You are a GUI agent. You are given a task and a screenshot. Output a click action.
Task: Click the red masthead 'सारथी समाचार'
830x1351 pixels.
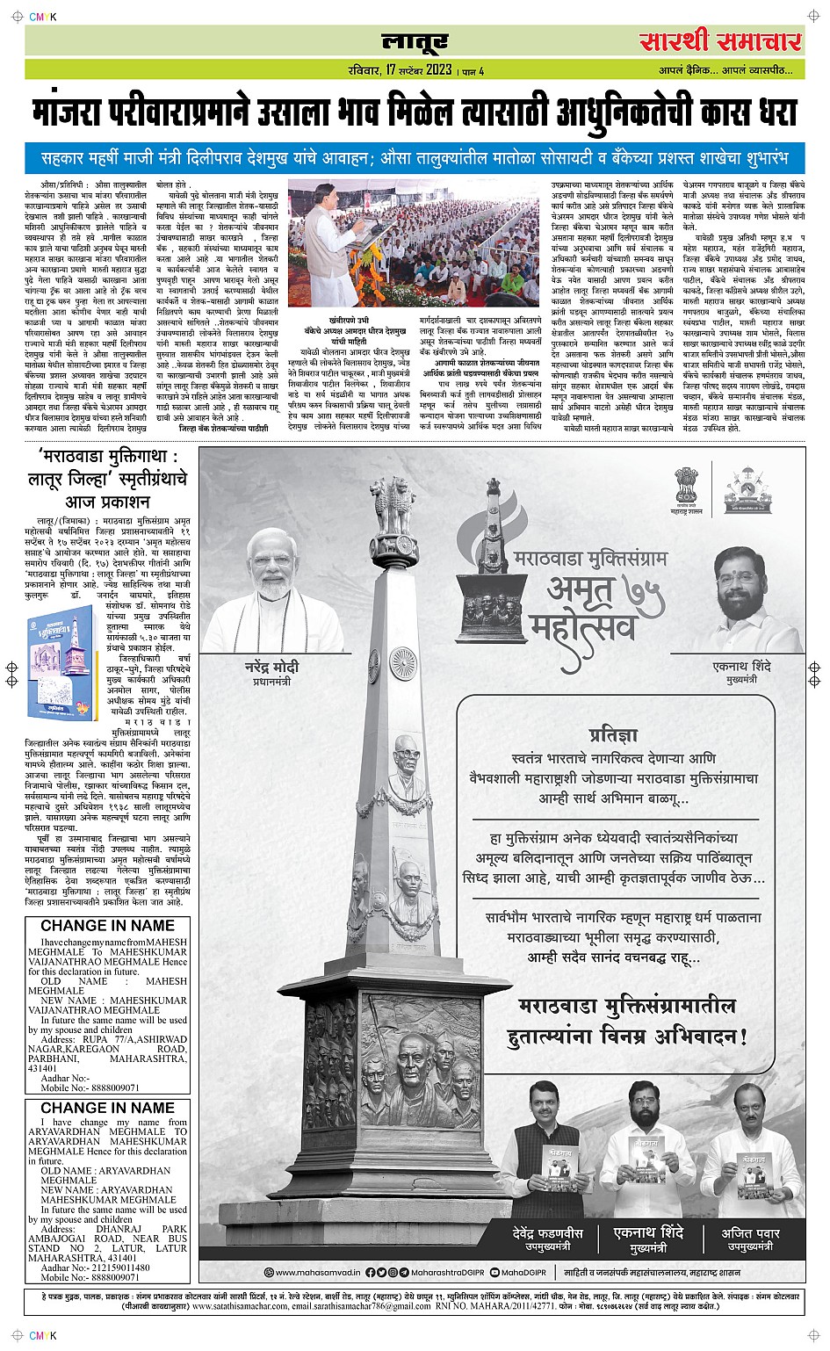[720, 41]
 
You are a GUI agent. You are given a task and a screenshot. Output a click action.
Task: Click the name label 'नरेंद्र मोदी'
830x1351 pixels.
[271, 667]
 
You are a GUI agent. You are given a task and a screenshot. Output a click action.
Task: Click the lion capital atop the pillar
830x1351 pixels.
[393, 505]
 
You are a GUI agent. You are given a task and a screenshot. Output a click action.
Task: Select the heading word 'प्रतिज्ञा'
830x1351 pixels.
[613, 735]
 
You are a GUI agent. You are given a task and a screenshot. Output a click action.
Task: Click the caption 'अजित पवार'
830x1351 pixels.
[750, 1232]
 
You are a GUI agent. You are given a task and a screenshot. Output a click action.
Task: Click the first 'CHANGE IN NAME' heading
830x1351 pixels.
[107, 925]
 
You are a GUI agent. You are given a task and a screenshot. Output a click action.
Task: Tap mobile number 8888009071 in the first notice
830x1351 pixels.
[102, 1087]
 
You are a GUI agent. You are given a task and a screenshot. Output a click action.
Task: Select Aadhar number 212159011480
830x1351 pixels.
[107, 1268]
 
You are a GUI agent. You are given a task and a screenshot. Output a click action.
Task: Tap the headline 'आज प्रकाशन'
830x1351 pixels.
[107, 502]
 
